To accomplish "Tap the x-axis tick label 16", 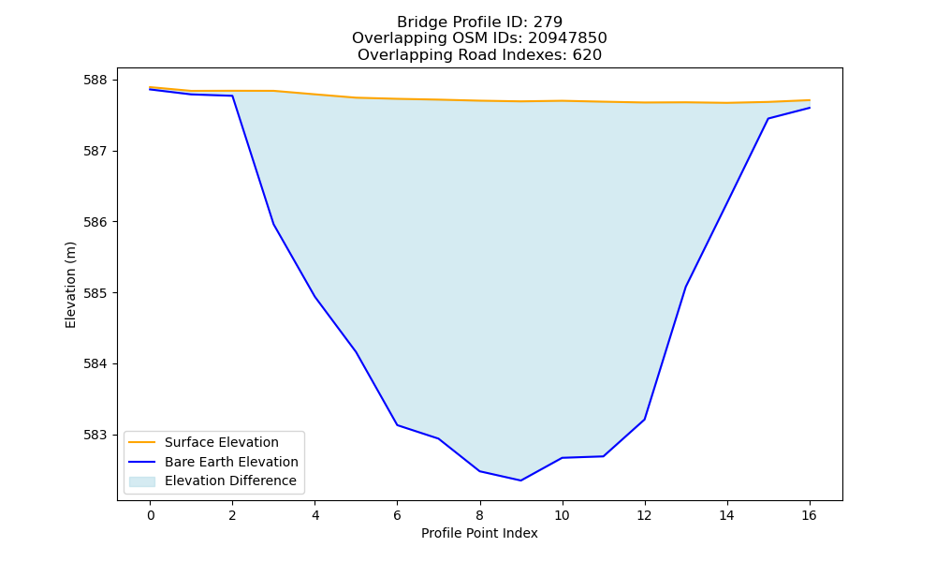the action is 809,515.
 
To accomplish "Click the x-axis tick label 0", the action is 151,515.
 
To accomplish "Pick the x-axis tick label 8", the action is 479,515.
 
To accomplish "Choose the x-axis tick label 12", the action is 644,515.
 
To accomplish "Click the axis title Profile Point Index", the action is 479,533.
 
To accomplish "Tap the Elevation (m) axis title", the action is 70,285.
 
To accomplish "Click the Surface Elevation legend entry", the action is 222,442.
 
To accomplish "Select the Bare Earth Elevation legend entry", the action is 231,462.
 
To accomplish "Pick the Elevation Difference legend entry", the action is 230,481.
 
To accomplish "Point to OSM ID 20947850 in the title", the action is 567,38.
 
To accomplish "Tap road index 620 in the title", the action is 587,55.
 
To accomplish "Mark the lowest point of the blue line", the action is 520,481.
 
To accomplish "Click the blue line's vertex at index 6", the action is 398,424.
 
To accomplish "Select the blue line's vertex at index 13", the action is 685,287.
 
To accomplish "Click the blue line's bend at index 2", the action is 232,96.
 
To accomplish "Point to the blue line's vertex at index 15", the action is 768,118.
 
